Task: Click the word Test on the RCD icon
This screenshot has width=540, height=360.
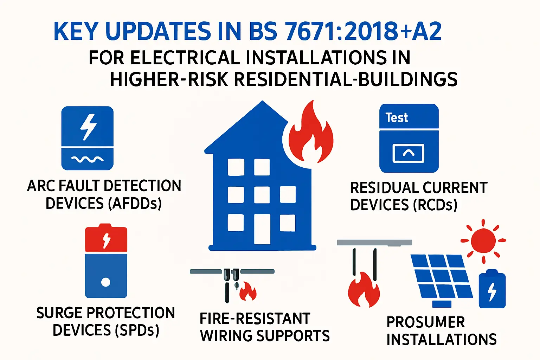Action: [x=397, y=117]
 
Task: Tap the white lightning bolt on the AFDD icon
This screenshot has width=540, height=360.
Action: [x=88, y=127]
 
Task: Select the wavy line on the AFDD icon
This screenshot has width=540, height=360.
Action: [x=88, y=159]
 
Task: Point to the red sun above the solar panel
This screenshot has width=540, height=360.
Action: [x=483, y=240]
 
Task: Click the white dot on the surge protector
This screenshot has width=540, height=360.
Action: [x=105, y=282]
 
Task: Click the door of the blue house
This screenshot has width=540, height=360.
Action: [x=262, y=229]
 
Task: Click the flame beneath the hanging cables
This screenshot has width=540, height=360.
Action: [x=364, y=289]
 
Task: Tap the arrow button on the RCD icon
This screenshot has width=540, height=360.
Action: [x=409, y=153]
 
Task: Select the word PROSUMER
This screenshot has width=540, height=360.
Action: [x=426, y=322]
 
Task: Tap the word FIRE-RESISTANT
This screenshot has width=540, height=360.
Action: [x=255, y=319]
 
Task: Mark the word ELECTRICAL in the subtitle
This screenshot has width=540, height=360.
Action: [x=185, y=58]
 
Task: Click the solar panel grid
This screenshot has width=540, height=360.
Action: [x=442, y=277]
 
